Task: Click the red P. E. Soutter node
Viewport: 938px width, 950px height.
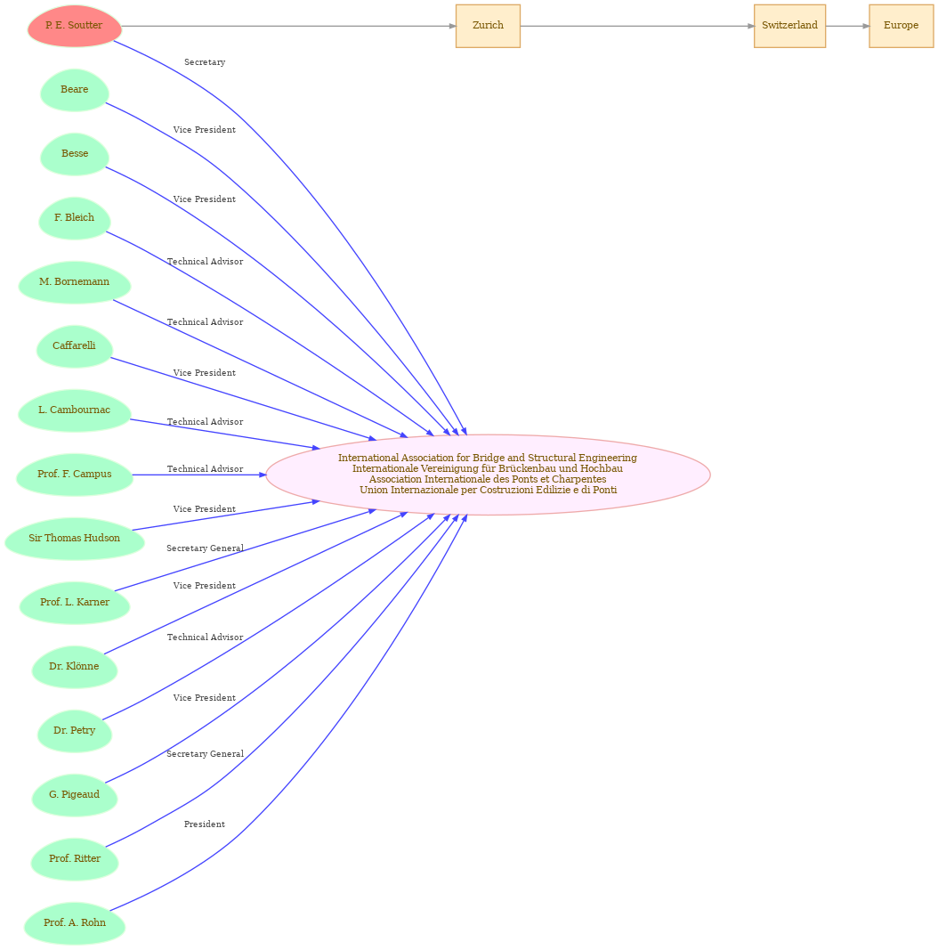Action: tap(75, 26)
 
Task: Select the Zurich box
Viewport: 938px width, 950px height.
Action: tap(488, 26)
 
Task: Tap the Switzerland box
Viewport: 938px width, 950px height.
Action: tap(789, 26)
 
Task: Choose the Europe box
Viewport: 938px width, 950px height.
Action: tap(901, 26)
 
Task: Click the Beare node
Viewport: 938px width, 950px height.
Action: tap(75, 90)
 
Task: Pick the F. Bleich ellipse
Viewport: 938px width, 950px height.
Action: tap(75, 218)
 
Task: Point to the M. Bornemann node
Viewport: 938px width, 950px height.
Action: tap(75, 282)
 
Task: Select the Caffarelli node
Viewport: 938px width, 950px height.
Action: tap(75, 346)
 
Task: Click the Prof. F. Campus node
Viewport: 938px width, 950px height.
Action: tap(75, 475)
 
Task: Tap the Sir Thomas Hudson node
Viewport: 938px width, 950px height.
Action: tap(75, 539)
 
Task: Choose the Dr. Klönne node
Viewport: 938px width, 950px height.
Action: tap(75, 667)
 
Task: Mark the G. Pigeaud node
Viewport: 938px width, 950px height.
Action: tap(75, 795)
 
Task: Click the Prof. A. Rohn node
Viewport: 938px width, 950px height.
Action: tap(75, 923)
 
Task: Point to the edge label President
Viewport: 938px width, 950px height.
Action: tap(205, 824)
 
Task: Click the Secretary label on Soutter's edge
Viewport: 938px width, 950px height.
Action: tap(205, 62)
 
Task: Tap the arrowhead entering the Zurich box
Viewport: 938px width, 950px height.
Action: tap(452, 26)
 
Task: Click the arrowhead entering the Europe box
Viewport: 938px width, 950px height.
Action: tap(865, 26)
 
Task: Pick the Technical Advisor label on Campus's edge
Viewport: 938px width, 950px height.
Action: tap(205, 469)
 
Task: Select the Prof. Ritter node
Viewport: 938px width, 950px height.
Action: tap(75, 859)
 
